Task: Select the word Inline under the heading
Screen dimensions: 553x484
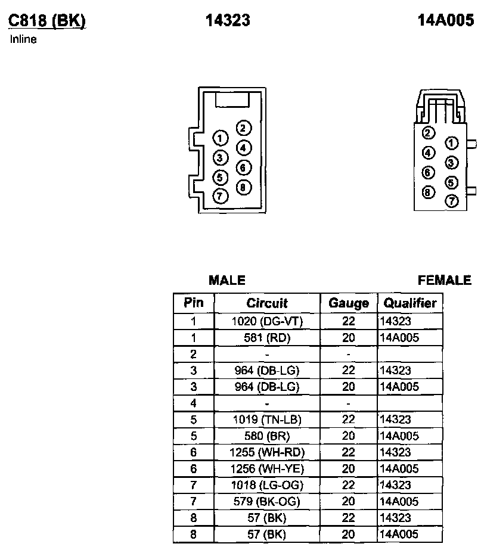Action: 23,40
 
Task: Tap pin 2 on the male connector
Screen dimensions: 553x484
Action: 244,128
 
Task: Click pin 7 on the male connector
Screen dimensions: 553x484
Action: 221,195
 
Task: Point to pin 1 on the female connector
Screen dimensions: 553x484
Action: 452,143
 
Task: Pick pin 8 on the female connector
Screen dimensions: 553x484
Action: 428,192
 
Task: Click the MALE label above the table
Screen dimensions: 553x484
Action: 227,280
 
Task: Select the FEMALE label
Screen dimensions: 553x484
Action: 445,280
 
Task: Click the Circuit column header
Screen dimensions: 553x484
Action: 267,303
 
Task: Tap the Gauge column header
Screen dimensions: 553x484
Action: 349,303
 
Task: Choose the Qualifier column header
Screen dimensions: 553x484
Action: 410,303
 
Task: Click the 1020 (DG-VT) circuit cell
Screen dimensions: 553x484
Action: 267,321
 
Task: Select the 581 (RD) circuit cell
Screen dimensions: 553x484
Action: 267,338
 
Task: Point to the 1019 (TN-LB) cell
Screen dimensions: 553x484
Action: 267,420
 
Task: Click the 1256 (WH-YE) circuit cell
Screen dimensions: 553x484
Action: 267,469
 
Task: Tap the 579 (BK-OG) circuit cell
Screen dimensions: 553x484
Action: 267,502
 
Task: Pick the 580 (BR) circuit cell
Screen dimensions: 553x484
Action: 267,436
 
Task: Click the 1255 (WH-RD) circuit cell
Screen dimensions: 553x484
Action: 267,452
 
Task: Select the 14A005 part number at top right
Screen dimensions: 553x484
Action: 446,20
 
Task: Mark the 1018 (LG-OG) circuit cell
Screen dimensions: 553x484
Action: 267,485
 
